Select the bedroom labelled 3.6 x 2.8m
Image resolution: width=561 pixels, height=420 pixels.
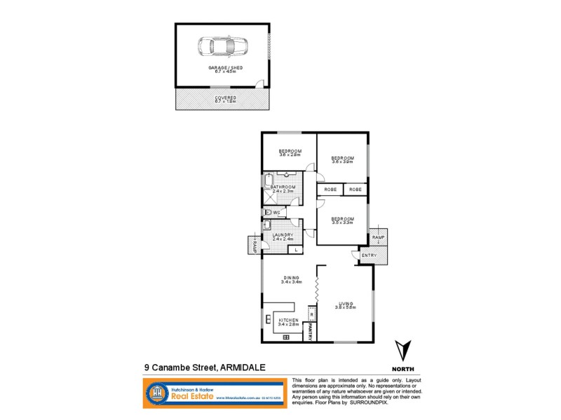coord(290,153)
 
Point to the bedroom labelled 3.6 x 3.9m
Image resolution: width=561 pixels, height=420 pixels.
coord(342,159)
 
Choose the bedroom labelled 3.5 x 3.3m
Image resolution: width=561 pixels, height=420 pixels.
coord(343,220)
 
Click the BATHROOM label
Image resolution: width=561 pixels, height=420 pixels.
coord(283,188)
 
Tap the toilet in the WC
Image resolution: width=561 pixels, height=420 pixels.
coord(269,212)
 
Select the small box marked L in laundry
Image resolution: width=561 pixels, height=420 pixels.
coord(297,249)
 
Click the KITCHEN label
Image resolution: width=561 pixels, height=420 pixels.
coord(289,321)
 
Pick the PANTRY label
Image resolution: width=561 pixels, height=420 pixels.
coord(310,331)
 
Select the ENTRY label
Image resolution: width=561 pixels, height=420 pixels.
coord(369,255)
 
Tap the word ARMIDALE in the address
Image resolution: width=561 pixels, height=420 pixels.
coord(245,365)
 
